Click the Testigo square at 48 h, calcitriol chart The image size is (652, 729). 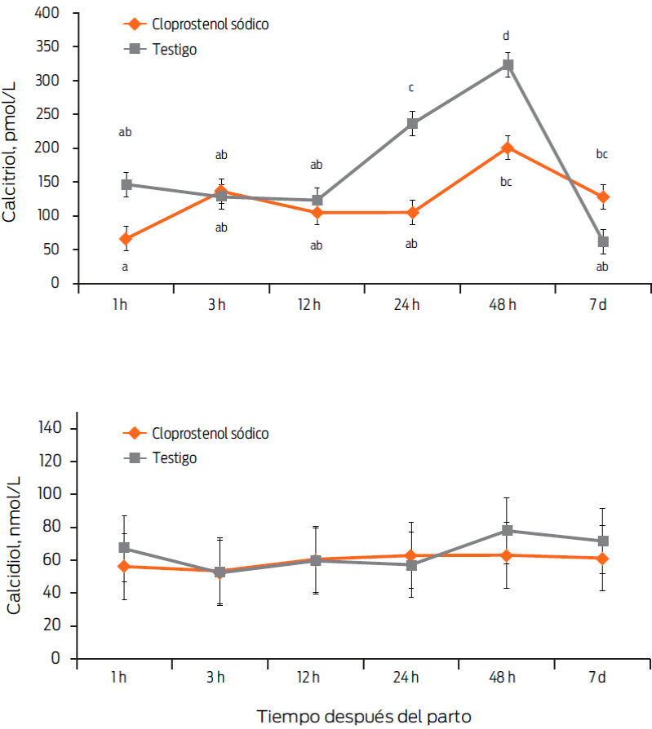point(507,64)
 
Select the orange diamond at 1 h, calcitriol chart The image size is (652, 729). point(126,239)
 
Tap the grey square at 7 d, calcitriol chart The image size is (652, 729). point(602,241)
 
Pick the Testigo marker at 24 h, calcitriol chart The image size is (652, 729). point(412,124)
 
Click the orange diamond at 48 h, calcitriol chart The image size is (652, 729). point(507,148)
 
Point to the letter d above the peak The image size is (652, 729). point(506,36)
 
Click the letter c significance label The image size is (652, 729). point(411,88)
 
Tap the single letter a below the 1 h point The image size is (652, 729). point(125,267)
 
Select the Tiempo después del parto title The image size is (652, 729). point(365,716)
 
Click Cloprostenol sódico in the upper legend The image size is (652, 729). point(210,24)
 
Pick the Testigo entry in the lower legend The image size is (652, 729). point(174,458)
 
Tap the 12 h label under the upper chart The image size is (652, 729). point(316,305)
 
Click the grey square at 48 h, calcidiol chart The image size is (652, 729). point(507,531)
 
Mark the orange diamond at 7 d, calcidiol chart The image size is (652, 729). point(602,559)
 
